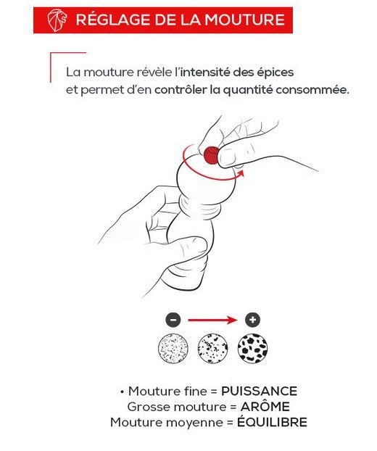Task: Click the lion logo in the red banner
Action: point(57,20)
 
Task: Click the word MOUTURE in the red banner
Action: point(245,20)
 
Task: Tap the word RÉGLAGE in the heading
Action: point(112,20)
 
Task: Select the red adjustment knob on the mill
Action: point(212,155)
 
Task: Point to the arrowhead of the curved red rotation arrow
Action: point(241,173)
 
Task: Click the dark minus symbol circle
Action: point(173,320)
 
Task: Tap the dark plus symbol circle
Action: point(252,320)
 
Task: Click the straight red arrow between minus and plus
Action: point(213,320)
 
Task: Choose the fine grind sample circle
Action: point(173,348)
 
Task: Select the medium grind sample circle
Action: point(213,348)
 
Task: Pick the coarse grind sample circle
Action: point(252,348)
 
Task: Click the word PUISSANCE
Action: point(259,391)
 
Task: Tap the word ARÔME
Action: point(265,407)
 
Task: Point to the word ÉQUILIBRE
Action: point(272,422)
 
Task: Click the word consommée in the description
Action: point(312,90)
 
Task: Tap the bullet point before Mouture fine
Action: point(123,392)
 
